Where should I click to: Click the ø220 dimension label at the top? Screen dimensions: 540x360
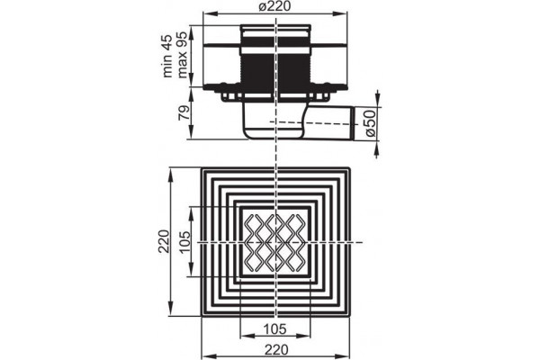(274, 6)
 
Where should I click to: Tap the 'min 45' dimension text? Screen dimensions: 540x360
(167, 56)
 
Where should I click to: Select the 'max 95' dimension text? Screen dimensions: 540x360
(182, 54)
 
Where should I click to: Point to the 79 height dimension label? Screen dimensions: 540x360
(184, 112)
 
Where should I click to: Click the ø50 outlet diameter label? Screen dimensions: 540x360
(370, 123)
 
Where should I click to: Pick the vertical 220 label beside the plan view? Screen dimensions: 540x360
(165, 241)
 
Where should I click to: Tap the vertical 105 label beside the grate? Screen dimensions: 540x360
(184, 242)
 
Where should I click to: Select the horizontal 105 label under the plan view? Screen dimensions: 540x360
(275, 329)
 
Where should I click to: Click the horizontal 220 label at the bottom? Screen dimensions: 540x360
(276, 350)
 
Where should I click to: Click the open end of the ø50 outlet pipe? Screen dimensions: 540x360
(354, 123)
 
